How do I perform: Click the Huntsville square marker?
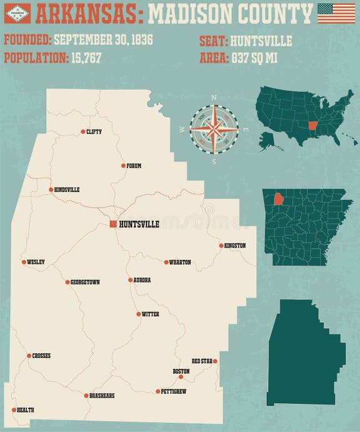[x=113, y=224]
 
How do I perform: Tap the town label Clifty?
[x=94, y=132]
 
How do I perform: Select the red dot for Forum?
[x=124, y=166]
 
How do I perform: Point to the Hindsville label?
[x=67, y=189]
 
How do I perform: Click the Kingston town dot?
[x=221, y=246]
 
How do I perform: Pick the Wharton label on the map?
[x=180, y=263]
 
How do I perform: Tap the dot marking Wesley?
[x=24, y=262]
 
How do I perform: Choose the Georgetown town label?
[x=85, y=283]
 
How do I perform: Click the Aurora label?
[x=142, y=280]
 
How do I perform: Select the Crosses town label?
[x=42, y=356]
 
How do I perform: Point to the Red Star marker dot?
[x=215, y=361]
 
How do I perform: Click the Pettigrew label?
[x=174, y=392]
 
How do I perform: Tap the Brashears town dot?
[x=86, y=396]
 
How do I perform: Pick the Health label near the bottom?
[x=26, y=410]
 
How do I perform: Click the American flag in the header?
[x=336, y=13]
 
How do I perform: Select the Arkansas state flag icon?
[x=17, y=13]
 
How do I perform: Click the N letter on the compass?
[x=214, y=98]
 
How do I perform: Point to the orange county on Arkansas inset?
[x=278, y=198]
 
